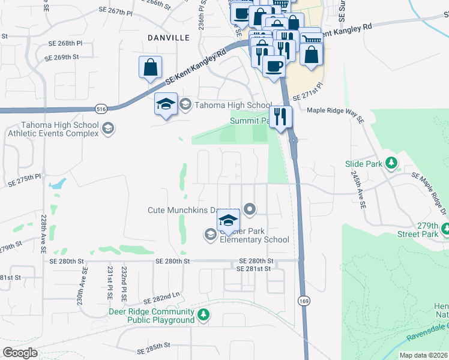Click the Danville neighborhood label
click(x=169, y=37)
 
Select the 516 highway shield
click(x=100, y=109)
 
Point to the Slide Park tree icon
click(x=391, y=163)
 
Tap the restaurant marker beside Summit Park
click(x=280, y=116)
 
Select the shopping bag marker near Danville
click(x=150, y=67)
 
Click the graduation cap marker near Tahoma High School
click(x=165, y=104)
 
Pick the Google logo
click(x=20, y=353)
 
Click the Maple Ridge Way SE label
click(x=336, y=111)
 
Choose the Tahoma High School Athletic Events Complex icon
click(x=108, y=128)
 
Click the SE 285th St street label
click(x=154, y=346)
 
